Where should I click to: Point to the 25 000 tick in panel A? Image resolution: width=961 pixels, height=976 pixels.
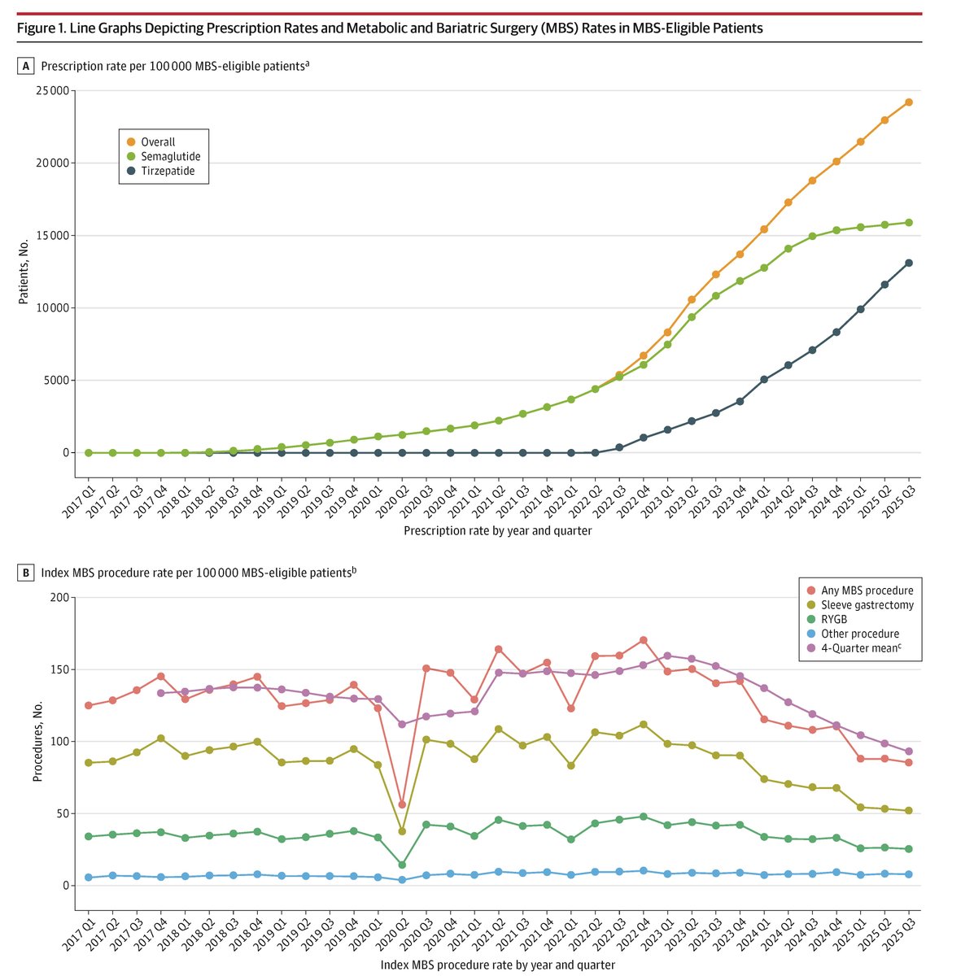coord(53,90)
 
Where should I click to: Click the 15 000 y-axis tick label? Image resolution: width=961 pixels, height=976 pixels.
coord(53,235)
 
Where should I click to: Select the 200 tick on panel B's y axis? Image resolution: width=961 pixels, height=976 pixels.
coord(62,598)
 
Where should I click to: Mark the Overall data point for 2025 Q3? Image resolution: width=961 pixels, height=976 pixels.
coord(909,102)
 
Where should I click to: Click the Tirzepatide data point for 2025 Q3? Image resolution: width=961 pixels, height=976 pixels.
coord(909,263)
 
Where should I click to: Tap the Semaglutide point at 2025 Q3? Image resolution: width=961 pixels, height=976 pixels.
coord(909,222)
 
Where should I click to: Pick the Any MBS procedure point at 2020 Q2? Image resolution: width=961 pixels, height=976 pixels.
coord(402,804)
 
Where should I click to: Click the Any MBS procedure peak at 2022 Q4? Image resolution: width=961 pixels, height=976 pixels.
coord(644,640)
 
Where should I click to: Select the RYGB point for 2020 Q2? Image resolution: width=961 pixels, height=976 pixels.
coord(402,865)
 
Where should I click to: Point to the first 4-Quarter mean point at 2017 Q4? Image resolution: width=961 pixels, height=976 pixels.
coord(161,693)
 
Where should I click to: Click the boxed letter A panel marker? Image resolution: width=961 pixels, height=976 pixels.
coord(27,66)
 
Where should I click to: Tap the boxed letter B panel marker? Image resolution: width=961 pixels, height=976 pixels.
coord(27,573)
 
